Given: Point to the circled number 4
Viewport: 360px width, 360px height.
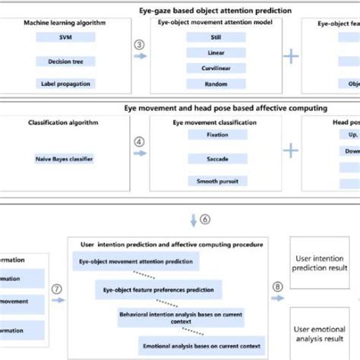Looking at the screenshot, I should pyautogui.click(x=138, y=141).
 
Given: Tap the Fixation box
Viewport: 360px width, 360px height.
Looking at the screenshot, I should pyautogui.click(x=216, y=135).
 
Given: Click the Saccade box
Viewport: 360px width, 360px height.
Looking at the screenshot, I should pyautogui.click(x=216, y=159).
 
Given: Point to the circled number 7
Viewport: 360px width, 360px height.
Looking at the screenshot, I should pyautogui.click(x=56, y=289).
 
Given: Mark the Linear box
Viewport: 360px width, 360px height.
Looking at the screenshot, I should pyautogui.click(x=216, y=53).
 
